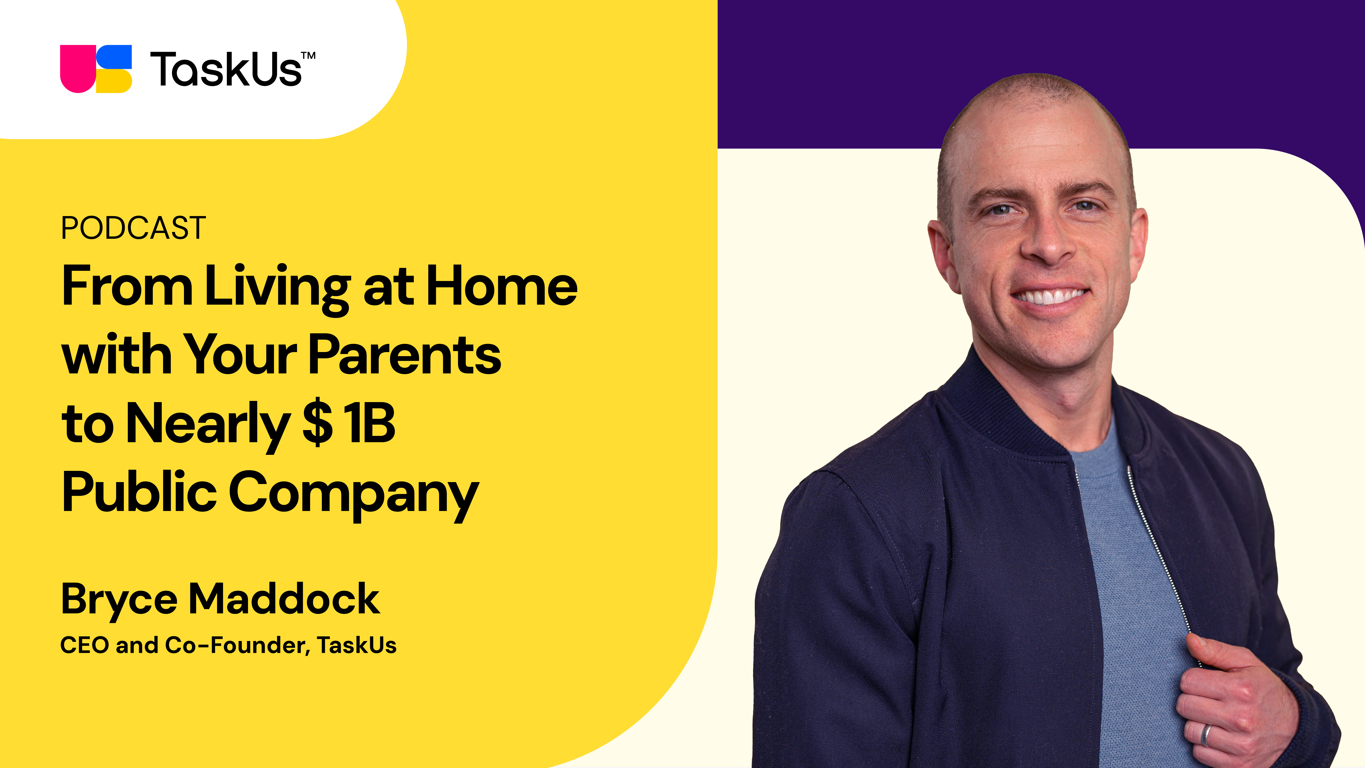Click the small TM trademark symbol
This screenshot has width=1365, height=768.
[x=308, y=55]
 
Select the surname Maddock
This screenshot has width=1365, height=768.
[x=285, y=599]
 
